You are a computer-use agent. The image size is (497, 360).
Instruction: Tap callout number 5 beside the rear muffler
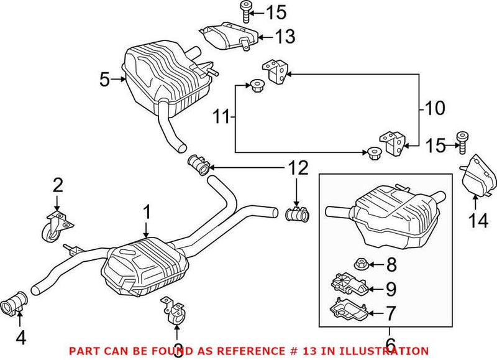pyautogui.click(x=104, y=79)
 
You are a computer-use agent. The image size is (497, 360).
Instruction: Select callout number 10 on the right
pyautogui.click(x=434, y=109)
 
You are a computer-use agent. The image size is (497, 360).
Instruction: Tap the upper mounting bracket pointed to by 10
pyautogui.click(x=276, y=71)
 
